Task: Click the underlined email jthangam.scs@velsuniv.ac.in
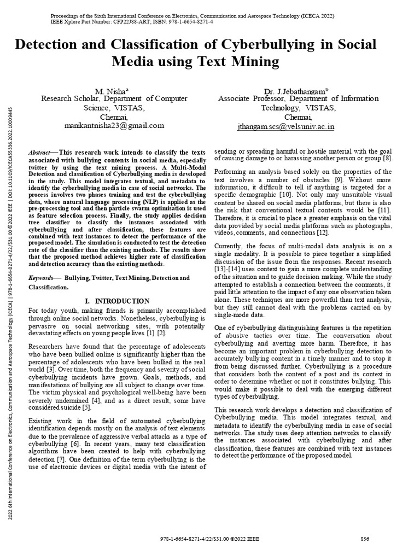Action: tap(285, 126)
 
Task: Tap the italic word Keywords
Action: tap(41, 278)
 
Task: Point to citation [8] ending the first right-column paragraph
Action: tap(387, 159)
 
